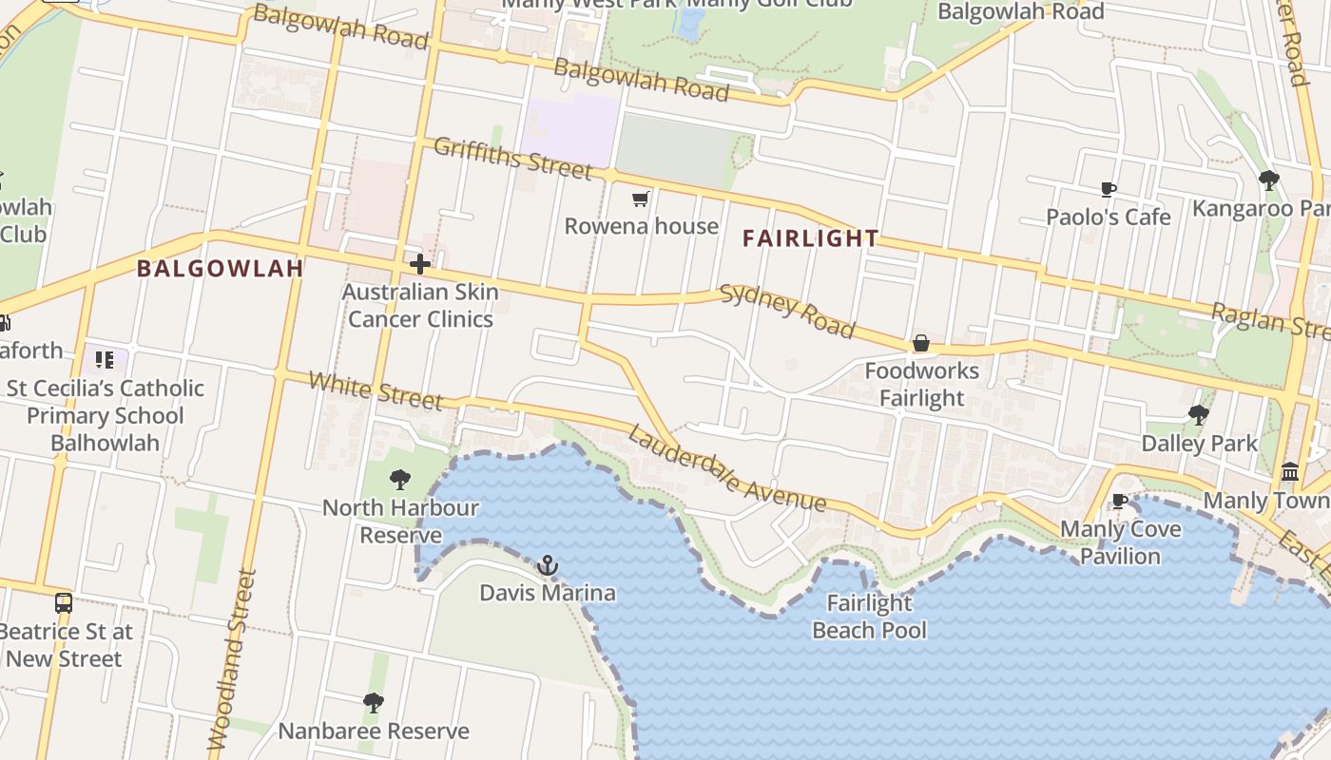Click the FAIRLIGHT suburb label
(x=810, y=238)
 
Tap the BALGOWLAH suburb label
(x=220, y=268)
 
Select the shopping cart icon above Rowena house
(x=641, y=199)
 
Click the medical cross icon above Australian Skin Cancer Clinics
(x=419, y=263)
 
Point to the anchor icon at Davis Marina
(x=547, y=566)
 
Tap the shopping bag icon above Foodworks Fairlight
(x=920, y=343)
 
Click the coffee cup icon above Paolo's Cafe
(x=1108, y=189)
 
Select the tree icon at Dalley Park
(x=1198, y=414)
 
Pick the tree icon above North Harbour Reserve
(x=400, y=479)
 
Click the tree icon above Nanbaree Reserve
(x=373, y=703)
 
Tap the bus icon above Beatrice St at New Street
(x=63, y=602)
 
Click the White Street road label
(x=376, y=390)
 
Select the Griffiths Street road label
(x=512, y=158)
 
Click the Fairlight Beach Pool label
(x=869, y=616)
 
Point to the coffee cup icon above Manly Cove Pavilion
(x=1120, y=501)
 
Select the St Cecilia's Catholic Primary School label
(x=105, y=415)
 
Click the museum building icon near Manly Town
(x=1290, y=471)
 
